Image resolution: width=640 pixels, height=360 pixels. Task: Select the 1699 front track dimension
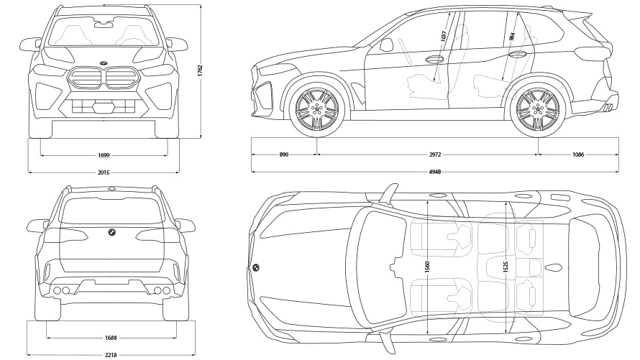coord(104,154)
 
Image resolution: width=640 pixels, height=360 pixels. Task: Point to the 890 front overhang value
coord(284,154)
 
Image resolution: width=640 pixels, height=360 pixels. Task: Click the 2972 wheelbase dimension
coord(429,154)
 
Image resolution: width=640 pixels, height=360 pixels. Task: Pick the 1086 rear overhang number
coord(578,154)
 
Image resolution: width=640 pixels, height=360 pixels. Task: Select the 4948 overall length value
coord(434,173)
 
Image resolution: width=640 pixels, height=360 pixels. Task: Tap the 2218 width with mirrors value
coord(111,354)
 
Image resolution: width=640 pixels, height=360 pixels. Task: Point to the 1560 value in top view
coord(427,267)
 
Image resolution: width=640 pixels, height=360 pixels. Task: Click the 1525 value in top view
coord(506,267)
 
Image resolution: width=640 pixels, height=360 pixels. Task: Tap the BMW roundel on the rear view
coord(111,232)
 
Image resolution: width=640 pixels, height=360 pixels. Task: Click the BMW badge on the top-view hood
coord(255,267)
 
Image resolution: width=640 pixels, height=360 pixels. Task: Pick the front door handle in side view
coord(434,60)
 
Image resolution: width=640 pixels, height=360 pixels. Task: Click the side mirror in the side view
coord(386,45)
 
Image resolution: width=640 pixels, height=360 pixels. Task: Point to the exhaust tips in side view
coord(608,107)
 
